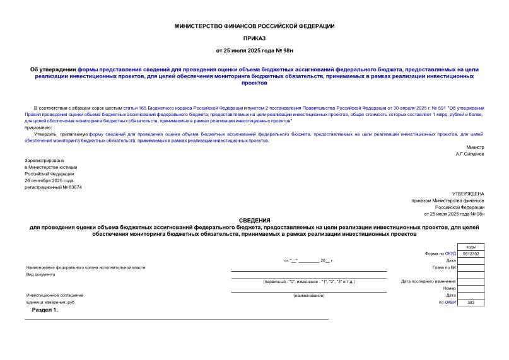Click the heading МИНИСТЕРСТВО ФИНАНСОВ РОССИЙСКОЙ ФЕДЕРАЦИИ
coord(254,26)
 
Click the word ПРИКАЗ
coord(254,38)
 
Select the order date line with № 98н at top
coord(254,50)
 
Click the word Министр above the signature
coord(475,146)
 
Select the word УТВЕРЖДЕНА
coord(468,193)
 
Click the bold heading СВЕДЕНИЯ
coord(254,220)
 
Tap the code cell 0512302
coord(471,253)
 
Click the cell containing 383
coord(471,303)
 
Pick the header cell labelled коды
coord(471,247)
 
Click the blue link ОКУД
coord(450,253)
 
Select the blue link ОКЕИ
coord(450,303)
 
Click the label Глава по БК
coord(444,267)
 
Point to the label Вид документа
coord(40,274)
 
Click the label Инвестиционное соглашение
coord(54,295)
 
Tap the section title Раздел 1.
coord(45,310)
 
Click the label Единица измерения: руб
coord(50,303)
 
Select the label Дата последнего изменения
coord(428,281)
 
